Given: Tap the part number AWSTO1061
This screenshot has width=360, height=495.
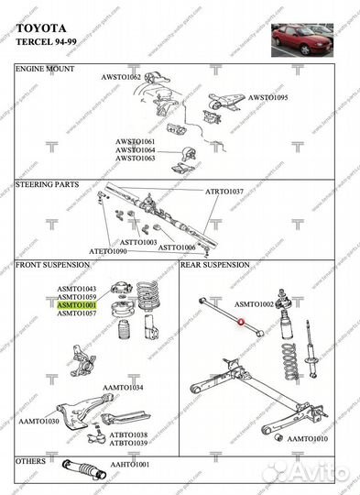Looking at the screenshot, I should [x=135, y=141].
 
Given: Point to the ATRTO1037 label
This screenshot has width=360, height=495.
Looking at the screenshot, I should [x=224, y=192].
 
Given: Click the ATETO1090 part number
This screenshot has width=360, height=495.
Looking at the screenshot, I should [x=107, y=250].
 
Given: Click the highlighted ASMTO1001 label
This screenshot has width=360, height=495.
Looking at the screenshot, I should [x=77, y=305].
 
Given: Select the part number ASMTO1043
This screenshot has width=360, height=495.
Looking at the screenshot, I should [x=77, y=289].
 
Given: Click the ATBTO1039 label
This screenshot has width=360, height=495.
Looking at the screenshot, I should [x=128, y=443].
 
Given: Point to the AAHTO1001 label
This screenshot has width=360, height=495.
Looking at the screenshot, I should [x=130, y=465].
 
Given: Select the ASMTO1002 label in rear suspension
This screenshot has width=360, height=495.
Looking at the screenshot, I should [x=255, y=303].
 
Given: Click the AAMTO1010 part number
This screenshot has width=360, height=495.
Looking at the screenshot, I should [x=308, y=439].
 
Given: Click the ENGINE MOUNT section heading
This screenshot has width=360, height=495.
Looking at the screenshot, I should [x=46, y=70].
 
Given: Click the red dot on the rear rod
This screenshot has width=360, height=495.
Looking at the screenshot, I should [x=240, y=321].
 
